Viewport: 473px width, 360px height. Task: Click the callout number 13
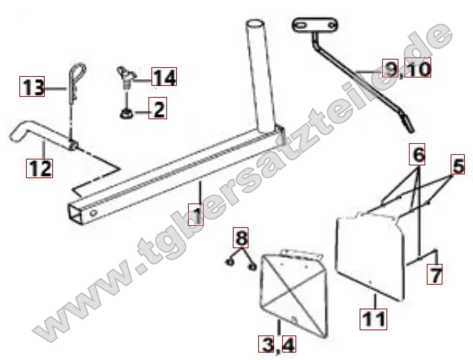32,86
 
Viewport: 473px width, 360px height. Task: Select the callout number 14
164,77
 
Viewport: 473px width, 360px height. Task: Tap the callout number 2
157,108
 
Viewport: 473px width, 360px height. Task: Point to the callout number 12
40,168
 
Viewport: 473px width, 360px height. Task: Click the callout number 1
195,215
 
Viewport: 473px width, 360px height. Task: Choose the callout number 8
241,238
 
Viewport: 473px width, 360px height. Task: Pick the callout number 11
374,319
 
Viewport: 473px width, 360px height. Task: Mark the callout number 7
435,274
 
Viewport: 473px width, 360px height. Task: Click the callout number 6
417,154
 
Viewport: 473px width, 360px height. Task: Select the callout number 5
458,165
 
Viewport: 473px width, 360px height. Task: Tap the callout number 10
418,68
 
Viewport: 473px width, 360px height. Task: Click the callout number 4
289,344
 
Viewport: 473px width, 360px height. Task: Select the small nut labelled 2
125,114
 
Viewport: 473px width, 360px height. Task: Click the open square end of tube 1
75,214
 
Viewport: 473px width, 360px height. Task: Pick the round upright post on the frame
261,75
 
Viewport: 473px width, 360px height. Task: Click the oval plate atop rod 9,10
315,25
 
